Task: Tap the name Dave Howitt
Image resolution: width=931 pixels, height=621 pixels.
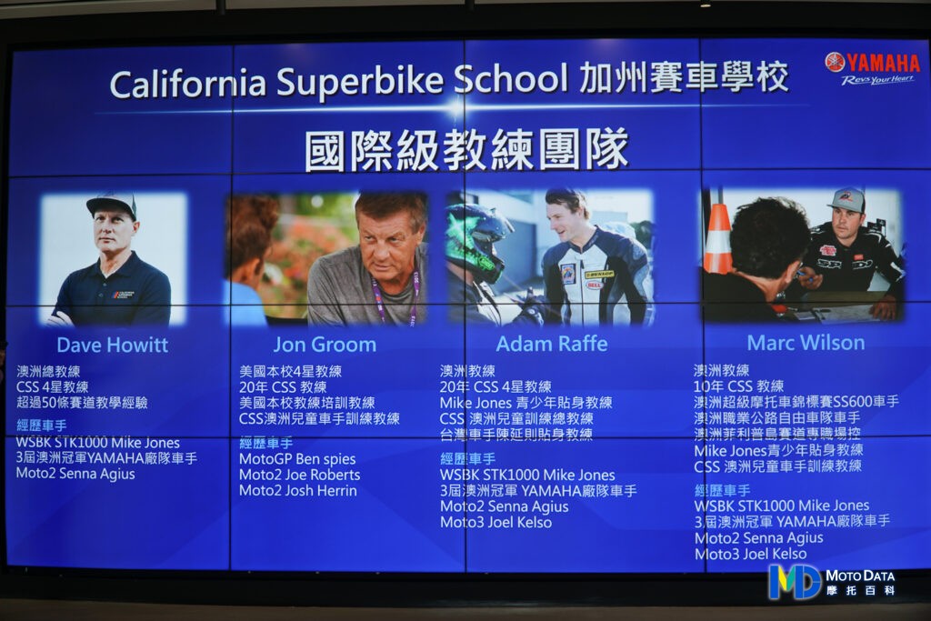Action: click(112, 345)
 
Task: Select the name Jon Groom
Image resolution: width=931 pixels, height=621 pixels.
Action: click(325, 345)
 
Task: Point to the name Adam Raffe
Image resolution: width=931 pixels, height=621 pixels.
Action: click(552, 344)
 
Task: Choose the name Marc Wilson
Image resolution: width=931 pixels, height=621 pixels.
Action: click(806, 343)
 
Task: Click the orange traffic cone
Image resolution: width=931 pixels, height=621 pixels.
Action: click(718, 237)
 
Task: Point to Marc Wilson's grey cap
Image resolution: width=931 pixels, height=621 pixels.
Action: click(847, 199)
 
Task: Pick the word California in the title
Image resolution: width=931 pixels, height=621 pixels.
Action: click(188, 83)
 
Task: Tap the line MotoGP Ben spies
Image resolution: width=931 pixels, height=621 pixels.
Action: click(297, 459)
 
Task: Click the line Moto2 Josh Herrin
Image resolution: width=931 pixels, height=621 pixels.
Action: click(298, 491)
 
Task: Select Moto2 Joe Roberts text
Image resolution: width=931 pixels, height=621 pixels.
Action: click(300, 475)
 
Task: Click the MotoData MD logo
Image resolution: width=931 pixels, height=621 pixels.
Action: click(831, 582)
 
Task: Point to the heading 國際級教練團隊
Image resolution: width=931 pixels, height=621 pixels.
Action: click(466, 149)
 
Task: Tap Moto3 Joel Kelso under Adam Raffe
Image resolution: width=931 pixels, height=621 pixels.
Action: click(496, 523)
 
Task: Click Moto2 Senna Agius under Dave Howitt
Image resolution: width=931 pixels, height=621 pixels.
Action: click(75, 474)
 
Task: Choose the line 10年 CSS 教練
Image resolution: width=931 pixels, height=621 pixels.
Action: click(738, 386)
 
